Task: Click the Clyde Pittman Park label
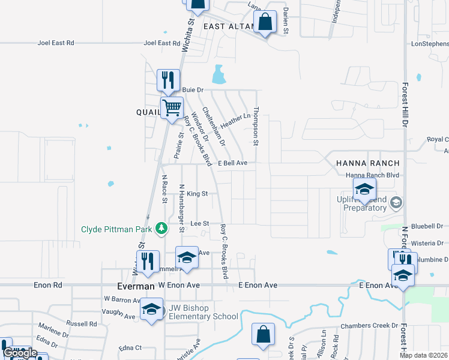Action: point(117,229)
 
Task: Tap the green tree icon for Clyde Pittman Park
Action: point(161,229)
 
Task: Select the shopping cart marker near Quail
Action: point(172,109)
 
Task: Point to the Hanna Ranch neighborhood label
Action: point(367,163)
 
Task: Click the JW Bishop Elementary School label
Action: point(203,312)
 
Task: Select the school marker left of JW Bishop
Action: point(151,310)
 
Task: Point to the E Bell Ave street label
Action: point(232,163)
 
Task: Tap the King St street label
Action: point(197,194)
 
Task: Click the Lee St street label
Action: point(199,223)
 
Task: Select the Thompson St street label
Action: point(255,127)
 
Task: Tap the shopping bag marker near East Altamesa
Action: point(265,23)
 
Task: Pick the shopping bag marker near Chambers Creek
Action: point(263,335)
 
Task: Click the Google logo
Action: point(20,353)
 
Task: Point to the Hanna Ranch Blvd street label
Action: point(372,175)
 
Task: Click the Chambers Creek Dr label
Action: point(369,326)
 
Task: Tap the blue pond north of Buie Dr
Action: point(219,76)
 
